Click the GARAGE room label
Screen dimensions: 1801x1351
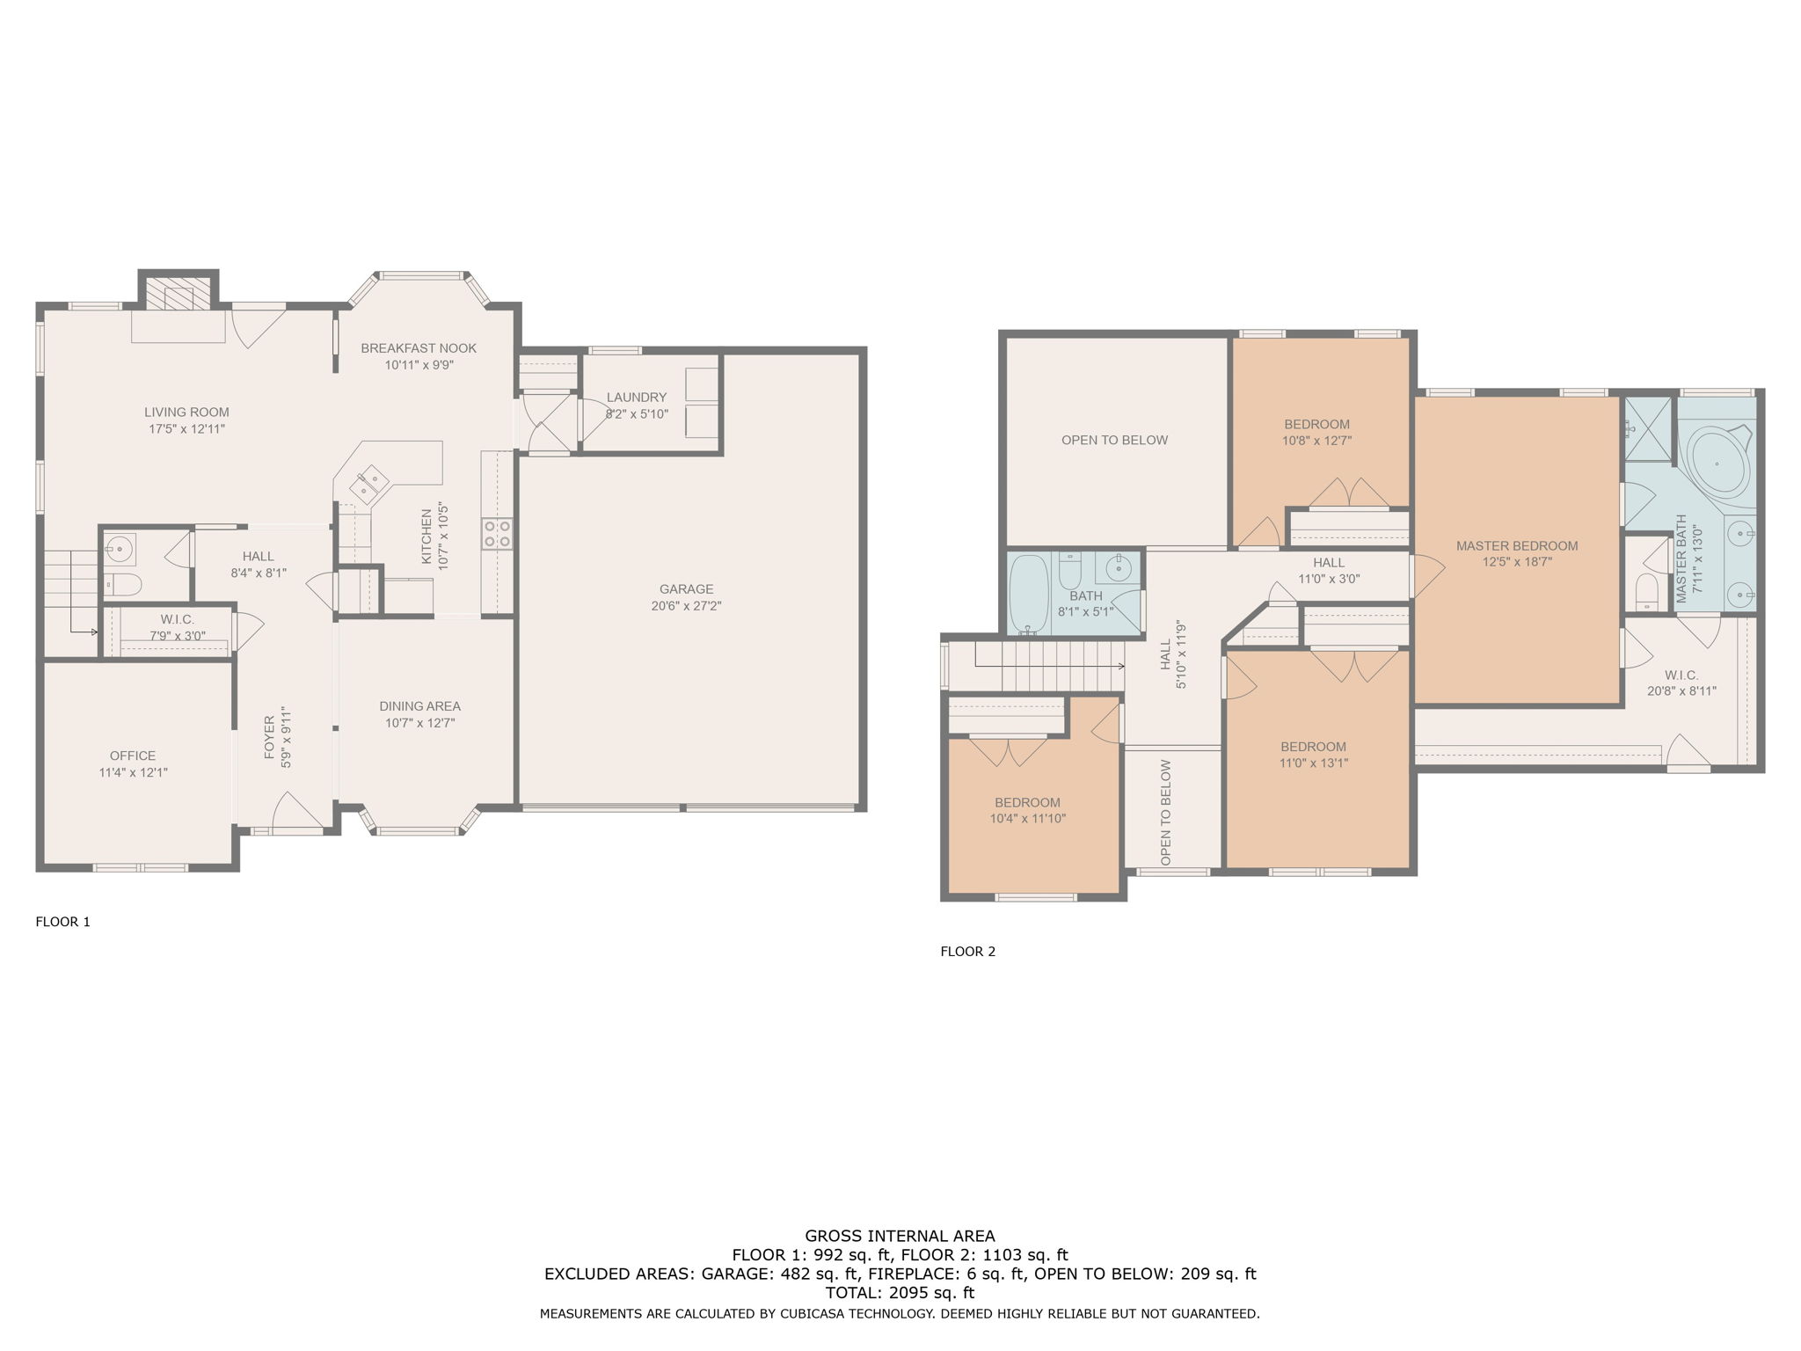click(x=686, y=589)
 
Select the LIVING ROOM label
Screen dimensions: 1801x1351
click(x=186, y=412)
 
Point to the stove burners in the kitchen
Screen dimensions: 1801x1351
click(x=497, y=534)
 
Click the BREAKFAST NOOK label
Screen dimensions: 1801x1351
click(x=419, y=348)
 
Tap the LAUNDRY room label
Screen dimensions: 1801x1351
click(x=636, y=398)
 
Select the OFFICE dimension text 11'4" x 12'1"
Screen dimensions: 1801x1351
click(x=133, y=772)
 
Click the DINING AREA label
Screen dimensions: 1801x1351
click(x=419, y=706)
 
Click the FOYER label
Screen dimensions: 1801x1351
click(x=269, y=737)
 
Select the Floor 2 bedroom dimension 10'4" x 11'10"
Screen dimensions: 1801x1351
click(x=1027, y=819)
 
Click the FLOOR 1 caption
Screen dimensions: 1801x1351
click(x=62, y=922)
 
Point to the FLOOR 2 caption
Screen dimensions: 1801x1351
click(x=967, y=951)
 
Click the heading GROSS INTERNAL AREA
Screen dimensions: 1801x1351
click(x=900, y=1236)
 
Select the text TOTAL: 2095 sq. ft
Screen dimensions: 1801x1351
click(x=900, y=1293)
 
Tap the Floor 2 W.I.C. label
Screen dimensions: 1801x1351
click(x=1681, y=675)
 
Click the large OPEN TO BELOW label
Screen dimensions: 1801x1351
click(x=1114, y=441)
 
